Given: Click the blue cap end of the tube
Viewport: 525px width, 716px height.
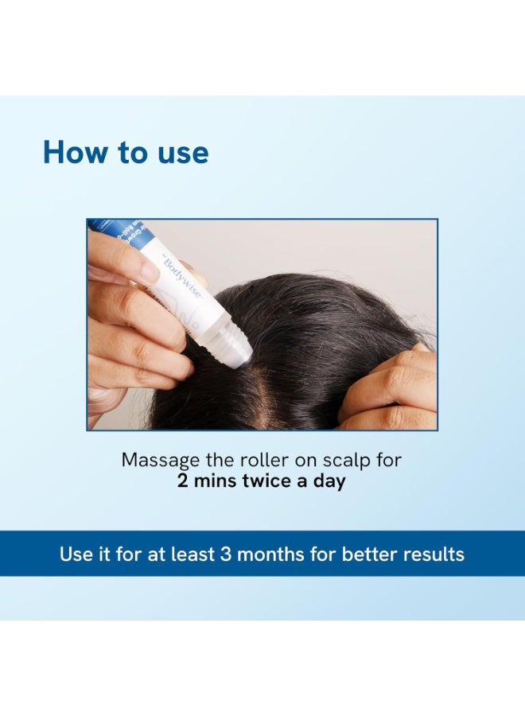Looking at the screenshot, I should [107, 226].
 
